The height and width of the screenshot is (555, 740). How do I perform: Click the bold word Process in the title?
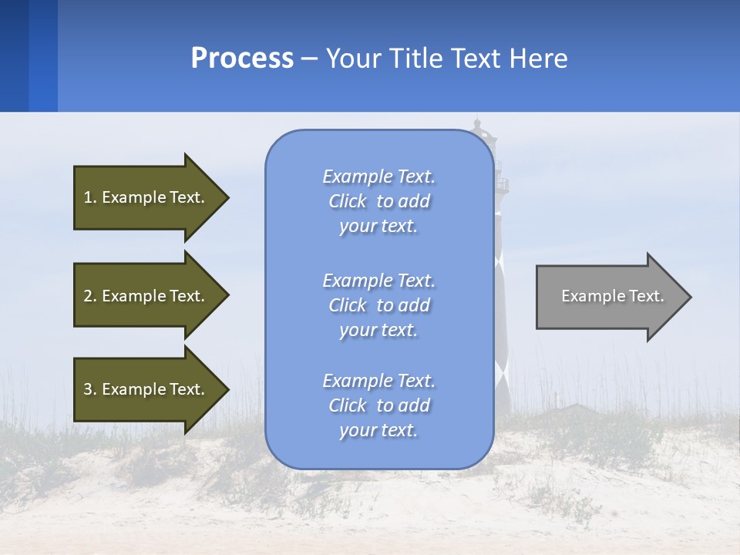click(x=242, y=59)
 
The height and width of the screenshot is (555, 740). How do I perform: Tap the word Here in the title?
click(x=538, y=59)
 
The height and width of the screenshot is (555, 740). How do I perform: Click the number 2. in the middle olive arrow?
click(x=90, y=296)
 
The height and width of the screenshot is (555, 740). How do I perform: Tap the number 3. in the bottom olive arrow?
click(x=90, y=389)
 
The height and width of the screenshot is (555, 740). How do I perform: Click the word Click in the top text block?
click(x=348, y=201)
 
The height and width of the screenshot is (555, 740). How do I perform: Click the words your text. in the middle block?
click(x=378, y=330)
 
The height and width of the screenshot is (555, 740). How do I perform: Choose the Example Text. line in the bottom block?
click(x=378, y=381)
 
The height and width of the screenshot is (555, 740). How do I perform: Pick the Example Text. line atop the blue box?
click(x=378, y=177)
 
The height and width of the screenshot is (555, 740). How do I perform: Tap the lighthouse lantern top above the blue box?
click(x=479, y=126)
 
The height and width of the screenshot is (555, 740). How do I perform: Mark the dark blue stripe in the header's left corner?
click(x=14, y=55)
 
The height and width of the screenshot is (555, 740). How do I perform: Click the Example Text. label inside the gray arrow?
click(x=612, y=296)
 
